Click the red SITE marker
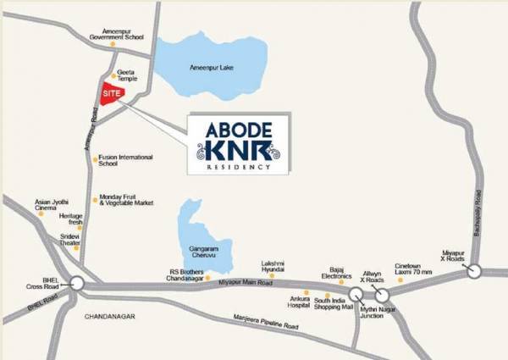point(112,94)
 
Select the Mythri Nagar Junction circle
point(356,294)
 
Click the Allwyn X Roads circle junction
point(382,295)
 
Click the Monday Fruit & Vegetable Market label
point(126,201)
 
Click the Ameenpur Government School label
point(119,35)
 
